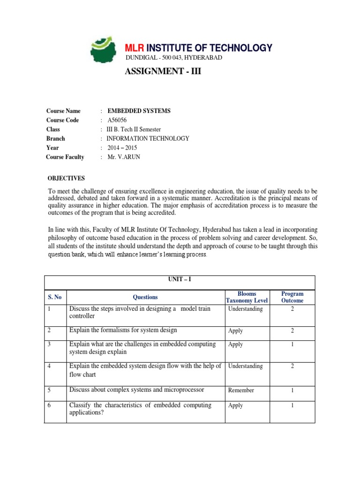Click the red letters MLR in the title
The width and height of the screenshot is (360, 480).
click(x=135, y=48)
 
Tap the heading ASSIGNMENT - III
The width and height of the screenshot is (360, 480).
click(x=158, y=72)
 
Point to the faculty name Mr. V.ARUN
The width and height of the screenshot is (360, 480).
click(x=124, y=157)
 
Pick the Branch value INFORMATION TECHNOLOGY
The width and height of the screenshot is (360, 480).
click(x=148, y=138)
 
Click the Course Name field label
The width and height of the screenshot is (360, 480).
click(x=63, y=111)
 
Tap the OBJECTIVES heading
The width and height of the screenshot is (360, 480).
click(x=67, y=179)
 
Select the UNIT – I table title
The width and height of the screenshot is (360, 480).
click(x=180, y=279)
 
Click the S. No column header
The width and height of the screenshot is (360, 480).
click(x=55, y=297)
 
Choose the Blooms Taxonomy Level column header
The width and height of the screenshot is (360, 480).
click(x=247, y=297)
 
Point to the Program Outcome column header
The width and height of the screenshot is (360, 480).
click(x=292, y=297)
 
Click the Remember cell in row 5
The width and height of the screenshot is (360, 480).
click(x=241, y=390)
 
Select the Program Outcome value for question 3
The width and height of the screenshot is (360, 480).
click(x=292, y=345)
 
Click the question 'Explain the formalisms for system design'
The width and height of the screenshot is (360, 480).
click(x=123, y=330)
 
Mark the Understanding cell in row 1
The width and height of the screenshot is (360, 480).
click(x=245, y=309)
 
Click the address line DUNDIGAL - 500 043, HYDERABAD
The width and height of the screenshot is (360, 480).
click(x=173, y=58)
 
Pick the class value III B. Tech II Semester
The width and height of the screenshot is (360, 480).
click(x=134, y=129)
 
